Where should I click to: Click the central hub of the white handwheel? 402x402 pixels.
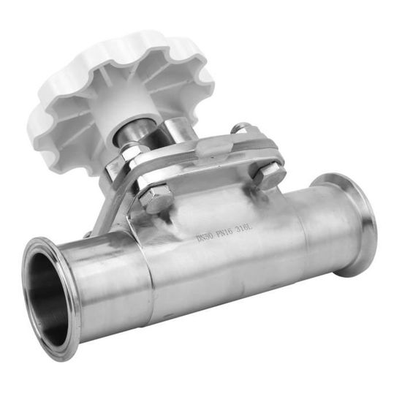(130, 110)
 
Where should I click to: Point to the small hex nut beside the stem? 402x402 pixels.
(130, 153)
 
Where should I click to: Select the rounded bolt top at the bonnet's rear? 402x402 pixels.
(240, 129)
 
